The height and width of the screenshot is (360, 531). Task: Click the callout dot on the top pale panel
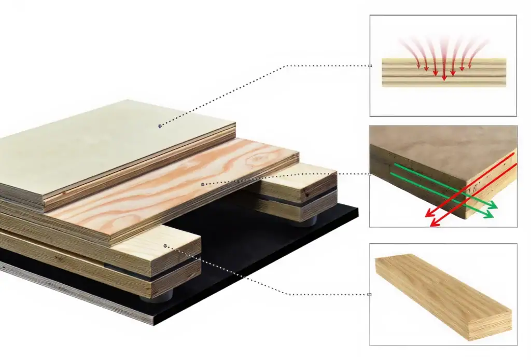tap(160, 126)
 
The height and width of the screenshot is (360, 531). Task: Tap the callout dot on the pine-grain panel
tap(202, 184)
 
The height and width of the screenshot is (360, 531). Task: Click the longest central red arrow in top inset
tap(444, 57)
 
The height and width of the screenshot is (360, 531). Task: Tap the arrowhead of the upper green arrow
tap(493, 206)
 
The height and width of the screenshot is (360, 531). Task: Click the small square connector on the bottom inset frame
tap(369, 294)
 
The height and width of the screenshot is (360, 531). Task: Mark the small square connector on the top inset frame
tap(370, 66)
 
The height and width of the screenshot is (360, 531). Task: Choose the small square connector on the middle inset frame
tap(369, 175)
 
